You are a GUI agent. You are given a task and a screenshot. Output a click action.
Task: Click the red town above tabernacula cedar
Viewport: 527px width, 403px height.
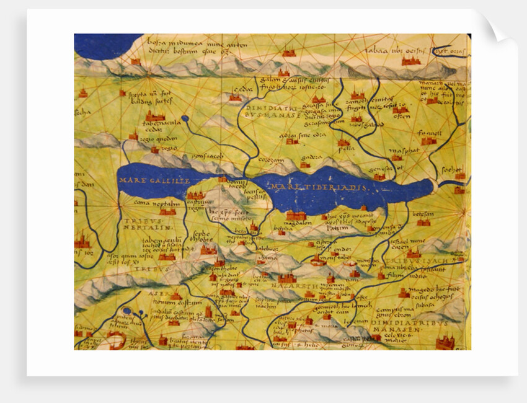(154, 115)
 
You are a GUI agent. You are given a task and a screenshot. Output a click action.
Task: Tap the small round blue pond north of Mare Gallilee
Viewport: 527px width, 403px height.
(185, 117)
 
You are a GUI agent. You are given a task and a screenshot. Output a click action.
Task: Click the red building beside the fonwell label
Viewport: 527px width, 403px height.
(428, 141)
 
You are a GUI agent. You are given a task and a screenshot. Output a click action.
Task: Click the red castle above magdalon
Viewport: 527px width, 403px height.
(296, 216)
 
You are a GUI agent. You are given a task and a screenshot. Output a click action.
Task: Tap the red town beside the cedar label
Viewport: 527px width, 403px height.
(235, 97)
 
